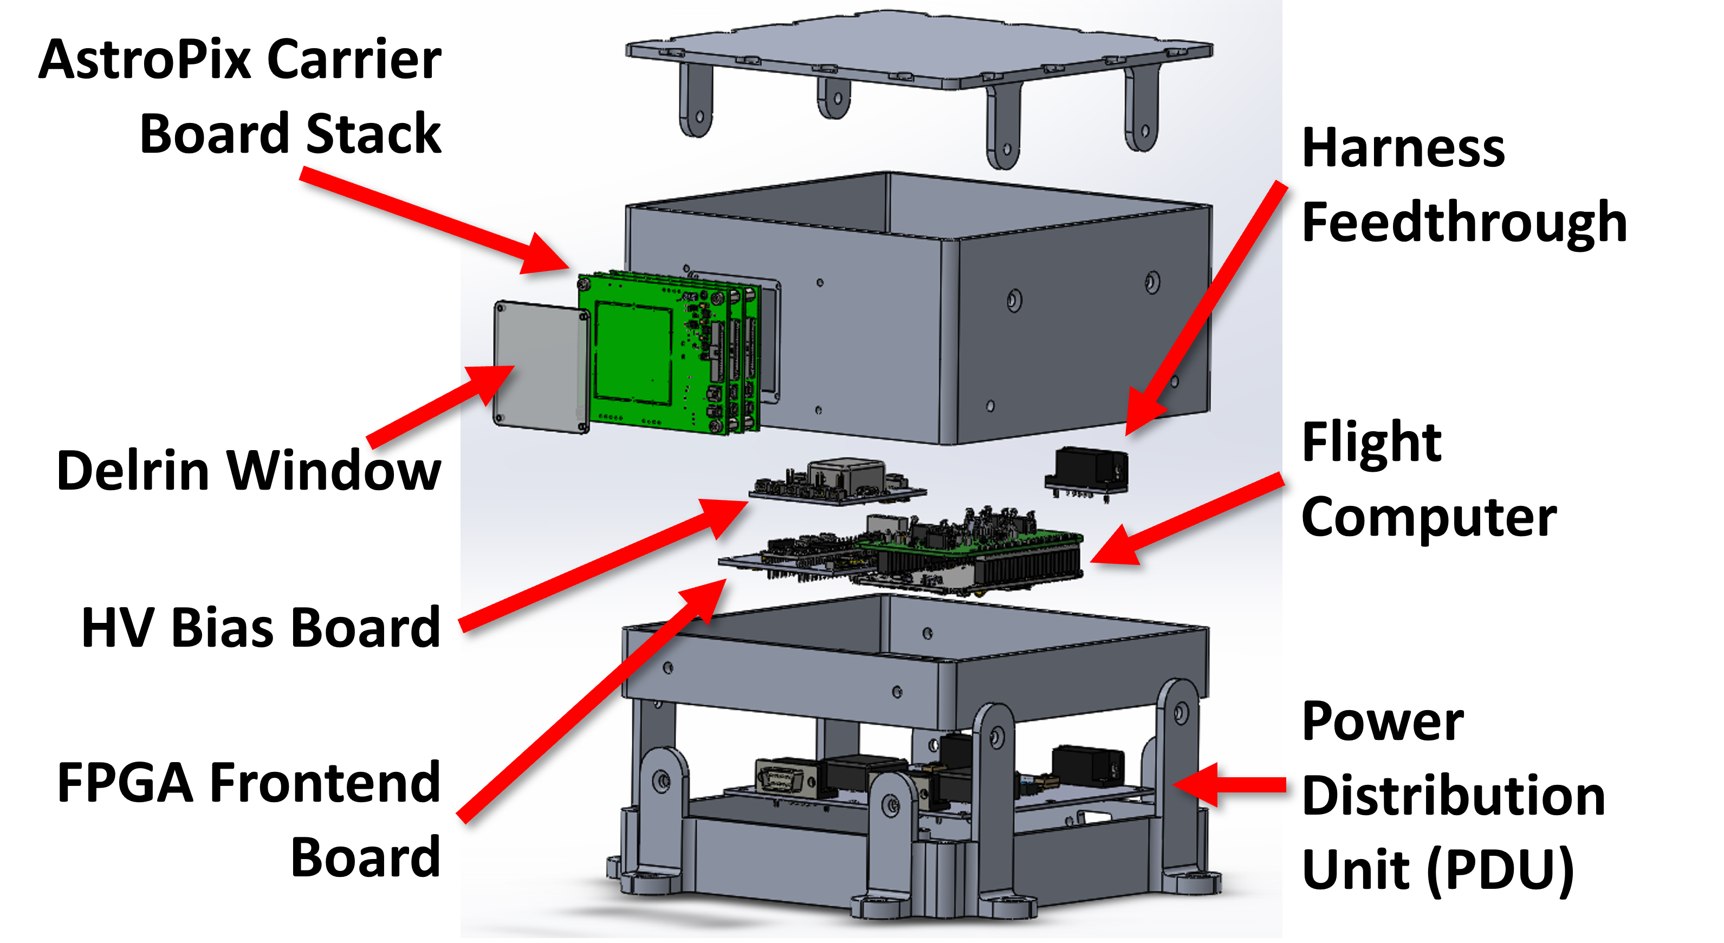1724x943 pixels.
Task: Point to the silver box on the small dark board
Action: [x=845, y=472]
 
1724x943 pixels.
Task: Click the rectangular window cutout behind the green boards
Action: [x=770, y=341]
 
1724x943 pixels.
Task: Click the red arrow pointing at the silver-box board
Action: [x=602, y=565]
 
